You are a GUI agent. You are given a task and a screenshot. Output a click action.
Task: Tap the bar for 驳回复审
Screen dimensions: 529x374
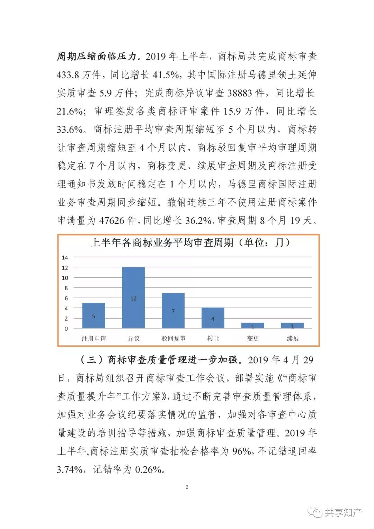click(173, 310)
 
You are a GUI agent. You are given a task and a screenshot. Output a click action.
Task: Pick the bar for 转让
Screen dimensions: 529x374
click(213, 318)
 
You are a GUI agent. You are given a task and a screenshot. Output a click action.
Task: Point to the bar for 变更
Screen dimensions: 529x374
click(252, 325)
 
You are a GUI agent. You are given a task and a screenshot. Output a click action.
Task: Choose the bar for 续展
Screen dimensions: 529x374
click(292, 325)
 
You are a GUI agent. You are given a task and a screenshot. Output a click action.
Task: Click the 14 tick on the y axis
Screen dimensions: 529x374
click(65, 257)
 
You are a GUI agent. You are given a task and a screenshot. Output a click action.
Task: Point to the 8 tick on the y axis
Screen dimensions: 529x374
click(66, 288)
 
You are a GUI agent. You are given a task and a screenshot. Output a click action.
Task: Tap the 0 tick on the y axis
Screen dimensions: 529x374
click(66, 328)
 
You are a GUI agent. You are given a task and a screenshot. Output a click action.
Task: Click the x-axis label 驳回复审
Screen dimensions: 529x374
click(173, 338)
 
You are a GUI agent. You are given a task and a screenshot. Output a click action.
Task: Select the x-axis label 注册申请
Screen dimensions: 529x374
click(93, 338)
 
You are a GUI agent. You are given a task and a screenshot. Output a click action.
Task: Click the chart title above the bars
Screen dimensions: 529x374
click(190, 243)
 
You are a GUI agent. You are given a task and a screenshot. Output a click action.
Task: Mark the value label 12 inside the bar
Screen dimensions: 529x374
click(133, 299)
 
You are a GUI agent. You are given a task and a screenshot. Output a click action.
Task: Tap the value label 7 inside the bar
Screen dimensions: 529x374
click(173, 311)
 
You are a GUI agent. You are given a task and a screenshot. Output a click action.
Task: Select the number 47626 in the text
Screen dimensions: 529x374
click(112, 220)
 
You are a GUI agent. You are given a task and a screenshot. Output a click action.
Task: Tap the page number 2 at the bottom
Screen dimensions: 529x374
click(187, 487)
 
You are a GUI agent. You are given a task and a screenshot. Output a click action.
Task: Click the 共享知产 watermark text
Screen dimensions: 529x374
click(342, 512)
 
